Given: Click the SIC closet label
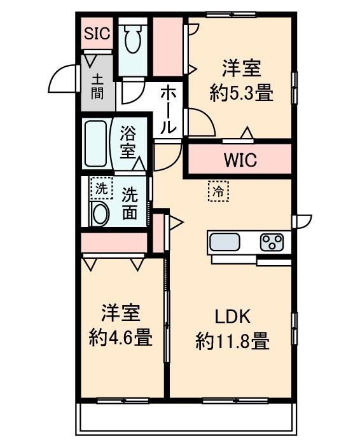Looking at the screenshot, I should pyautogui.click(x=97, y=34).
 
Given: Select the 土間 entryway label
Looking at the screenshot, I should pyautogui.click(x=97, y=88).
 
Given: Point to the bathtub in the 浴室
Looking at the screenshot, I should pyautogui.click(x=97, y=142).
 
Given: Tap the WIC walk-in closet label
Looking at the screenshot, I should pyautogui.click(x=240, y=160).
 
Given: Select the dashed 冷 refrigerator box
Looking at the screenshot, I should pyautogui.click(x=218, y=191).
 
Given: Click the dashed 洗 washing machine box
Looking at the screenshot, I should pyautogui.click(x=100, y=188).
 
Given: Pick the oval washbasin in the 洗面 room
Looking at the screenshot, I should pyautogui.click(x=100, y=214).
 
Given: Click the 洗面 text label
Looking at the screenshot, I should pyautogui.click(x=130, y=203).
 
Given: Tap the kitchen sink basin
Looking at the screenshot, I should pyautogui.click(x=225, y=242).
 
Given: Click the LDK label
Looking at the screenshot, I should pyautogui.click(x=233, y=316).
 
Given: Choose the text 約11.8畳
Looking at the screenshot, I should pyautogui.click(x=233, y=342).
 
